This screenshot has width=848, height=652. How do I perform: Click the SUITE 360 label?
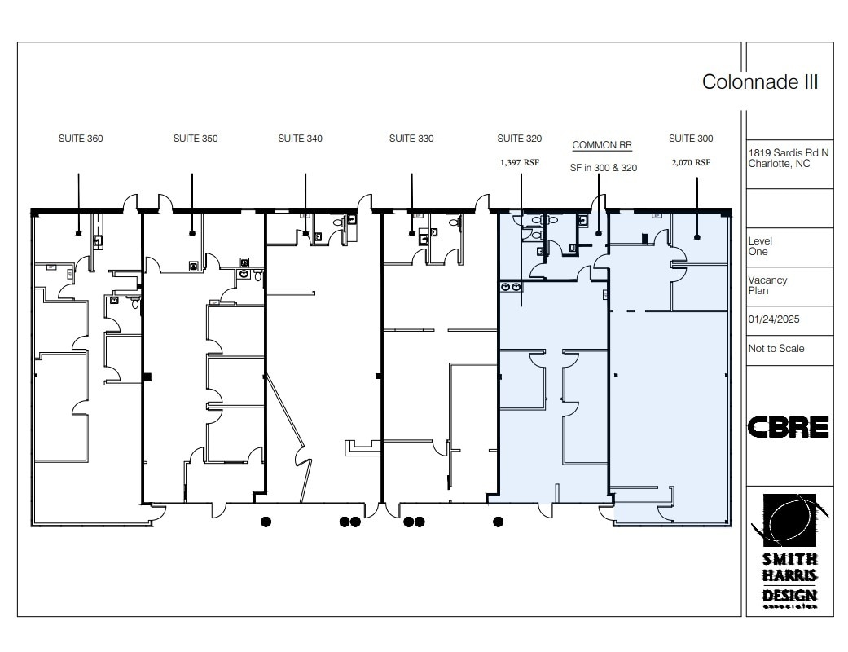(81, 139)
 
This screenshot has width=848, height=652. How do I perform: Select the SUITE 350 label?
(196, 139)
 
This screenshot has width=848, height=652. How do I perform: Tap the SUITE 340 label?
(300, 139)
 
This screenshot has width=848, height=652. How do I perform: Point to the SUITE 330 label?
(411, 139)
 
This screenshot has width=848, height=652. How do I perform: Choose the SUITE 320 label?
(520, 139)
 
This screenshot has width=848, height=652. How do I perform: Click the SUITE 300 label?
(691, 139)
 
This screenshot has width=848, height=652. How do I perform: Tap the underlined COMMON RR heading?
(602, 145)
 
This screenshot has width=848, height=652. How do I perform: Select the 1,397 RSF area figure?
(520, 162)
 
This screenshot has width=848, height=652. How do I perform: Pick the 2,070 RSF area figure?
(691, 162)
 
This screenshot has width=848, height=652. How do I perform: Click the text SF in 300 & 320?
(603, 168)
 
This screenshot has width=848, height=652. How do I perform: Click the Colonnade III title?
(760, 81)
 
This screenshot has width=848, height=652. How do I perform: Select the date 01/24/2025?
(774, 319)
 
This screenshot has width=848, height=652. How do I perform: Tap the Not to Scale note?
(776, 349)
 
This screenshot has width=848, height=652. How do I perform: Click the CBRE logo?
(788, 427)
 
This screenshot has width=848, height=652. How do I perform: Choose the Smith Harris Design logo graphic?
(789, 522)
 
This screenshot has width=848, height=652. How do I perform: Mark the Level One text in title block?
(760, 246)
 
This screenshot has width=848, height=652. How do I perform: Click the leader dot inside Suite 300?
(697, 237)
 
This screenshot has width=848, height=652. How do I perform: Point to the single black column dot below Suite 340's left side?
(266, 522)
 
